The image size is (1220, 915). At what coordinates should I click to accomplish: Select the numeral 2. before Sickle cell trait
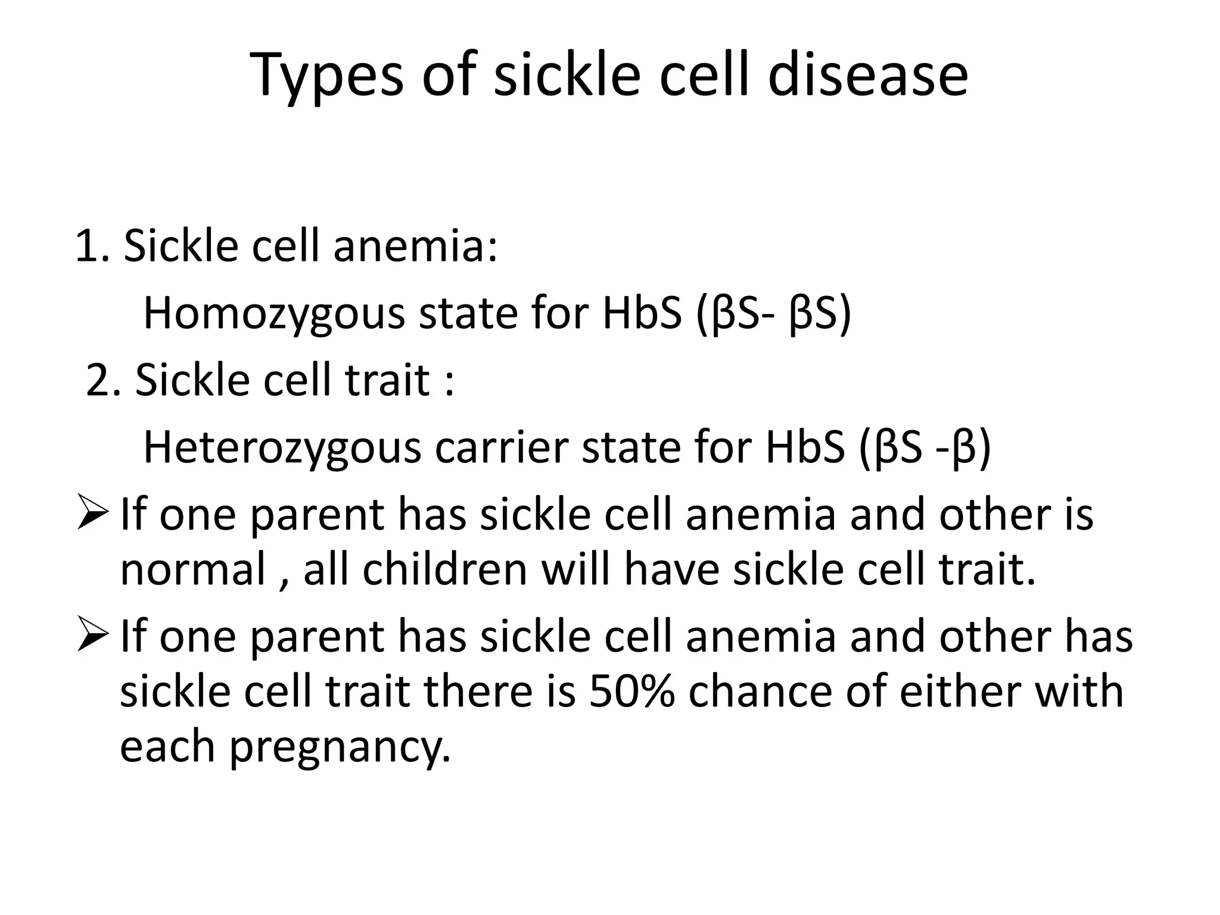104,379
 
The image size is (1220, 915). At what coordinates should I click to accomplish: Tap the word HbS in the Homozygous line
642,314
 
